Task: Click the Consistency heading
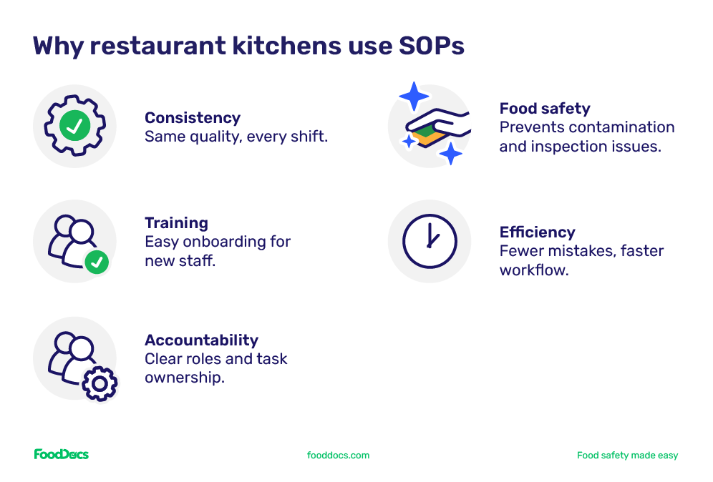(x=193, y=117)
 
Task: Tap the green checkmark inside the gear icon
(x=74, y=127)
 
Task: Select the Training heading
(x=176, y=222)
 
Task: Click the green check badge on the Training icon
(x=97, y=262)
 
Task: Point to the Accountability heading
(x=201, y=340)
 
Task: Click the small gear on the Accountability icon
(x=100, y=384)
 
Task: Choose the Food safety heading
(x=545, y=109)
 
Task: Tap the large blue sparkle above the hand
(x=414, y=97)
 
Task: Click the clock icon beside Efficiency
(x=429, y=241)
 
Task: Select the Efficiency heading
(x=537, y=232)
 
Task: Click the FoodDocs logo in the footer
(x=62, y=454)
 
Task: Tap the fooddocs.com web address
(x=338, y=455)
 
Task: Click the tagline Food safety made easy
(x=627, y=455)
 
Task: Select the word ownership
(x=185, y=377)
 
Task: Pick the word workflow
(x=533, y=270)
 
